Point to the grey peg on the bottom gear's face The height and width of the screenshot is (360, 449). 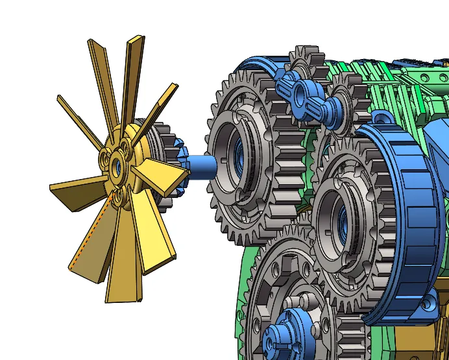click(305, 302)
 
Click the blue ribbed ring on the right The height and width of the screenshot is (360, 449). click(406, 214)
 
